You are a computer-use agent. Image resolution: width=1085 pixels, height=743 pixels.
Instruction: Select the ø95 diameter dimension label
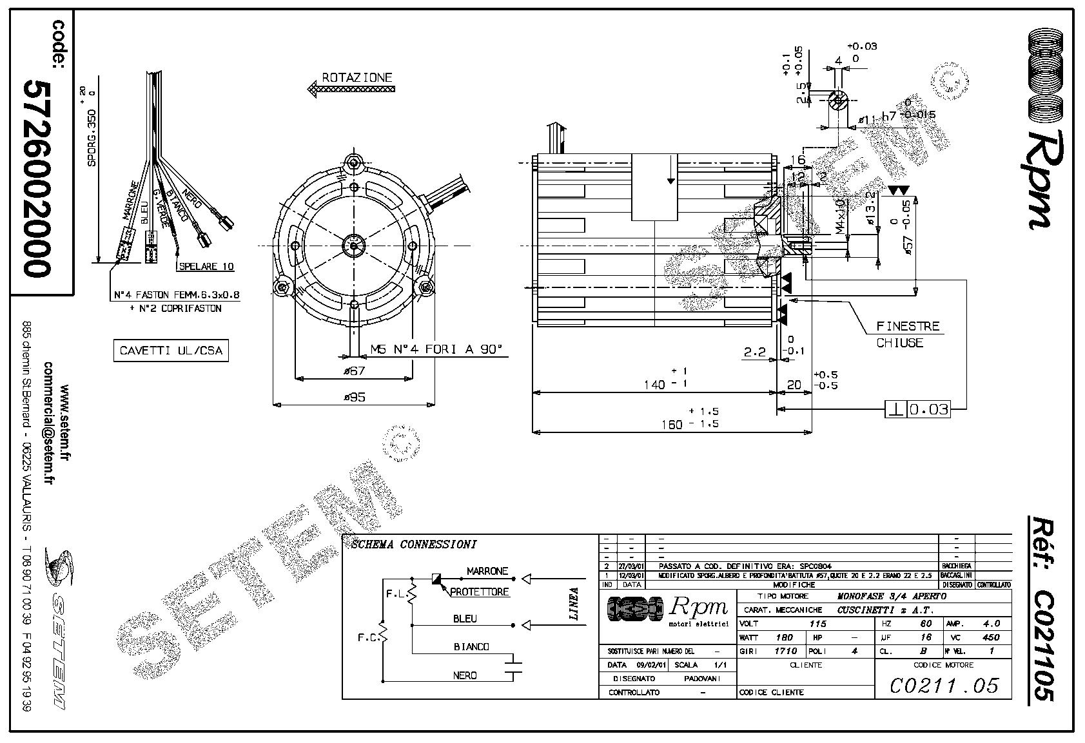[x=354, y=397]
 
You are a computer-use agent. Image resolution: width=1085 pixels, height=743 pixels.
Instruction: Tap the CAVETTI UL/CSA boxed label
[x=171, y=351]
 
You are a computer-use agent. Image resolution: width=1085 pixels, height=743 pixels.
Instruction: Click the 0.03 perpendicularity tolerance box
[x=928, y=409]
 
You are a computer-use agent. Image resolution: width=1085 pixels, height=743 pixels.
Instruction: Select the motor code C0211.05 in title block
[x=944, y=685]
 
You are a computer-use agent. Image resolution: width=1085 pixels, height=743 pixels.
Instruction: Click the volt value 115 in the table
[x=817, y=623]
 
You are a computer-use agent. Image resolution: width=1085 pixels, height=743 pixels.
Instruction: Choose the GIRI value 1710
[x=787, y=651]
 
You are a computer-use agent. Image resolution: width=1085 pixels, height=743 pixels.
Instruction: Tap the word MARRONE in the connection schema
[x=487, y=571]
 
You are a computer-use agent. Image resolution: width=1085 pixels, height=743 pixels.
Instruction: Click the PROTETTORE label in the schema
[x=479, y=592]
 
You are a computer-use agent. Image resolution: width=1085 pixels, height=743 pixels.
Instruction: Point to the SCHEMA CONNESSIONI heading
[x=413, y=544]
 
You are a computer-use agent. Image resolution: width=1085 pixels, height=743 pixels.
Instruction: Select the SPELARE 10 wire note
[x=206, y=266]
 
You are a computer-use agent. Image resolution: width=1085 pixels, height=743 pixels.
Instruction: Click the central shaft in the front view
[x=354, y=246]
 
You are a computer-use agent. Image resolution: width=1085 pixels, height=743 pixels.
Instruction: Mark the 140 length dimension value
[x=654, y=385]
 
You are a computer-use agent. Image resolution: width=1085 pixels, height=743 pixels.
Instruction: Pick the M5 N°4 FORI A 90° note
[x=436, y=349]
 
